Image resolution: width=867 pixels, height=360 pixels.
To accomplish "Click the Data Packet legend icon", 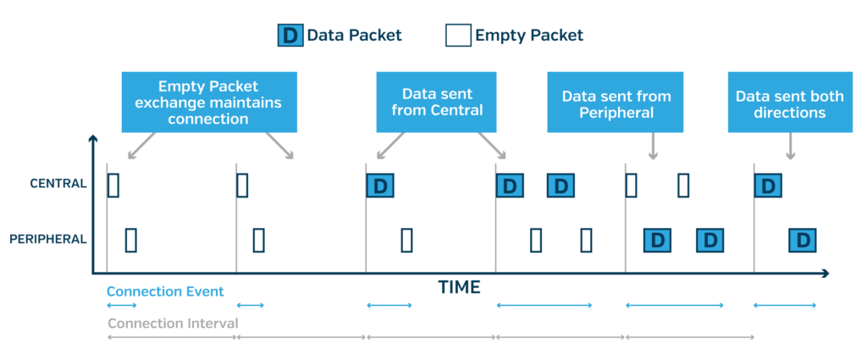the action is tap(290, 36).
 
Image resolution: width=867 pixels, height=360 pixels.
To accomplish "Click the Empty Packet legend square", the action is tap(458, 36).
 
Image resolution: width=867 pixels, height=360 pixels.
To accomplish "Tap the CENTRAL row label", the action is tap(58, 184).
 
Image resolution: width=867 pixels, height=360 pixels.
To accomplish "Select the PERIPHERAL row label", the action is tap(48, 240).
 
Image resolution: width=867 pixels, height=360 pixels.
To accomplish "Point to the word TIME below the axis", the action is tap(460, 287).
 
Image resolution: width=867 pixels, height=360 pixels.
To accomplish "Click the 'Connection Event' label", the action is tap(165, 291).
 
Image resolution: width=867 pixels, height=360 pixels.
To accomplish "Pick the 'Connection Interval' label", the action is tap(173, 323).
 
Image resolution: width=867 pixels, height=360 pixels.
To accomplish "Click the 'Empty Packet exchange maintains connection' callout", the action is tap(209, 102).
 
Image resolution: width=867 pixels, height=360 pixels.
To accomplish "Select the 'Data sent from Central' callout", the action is tap(436, 102).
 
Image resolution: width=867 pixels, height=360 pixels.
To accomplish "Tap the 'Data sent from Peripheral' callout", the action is tap(616, 102).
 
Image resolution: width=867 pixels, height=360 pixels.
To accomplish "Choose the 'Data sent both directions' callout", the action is tap(790, 102).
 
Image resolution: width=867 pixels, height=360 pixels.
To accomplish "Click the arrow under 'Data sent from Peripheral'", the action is tap(653, 146).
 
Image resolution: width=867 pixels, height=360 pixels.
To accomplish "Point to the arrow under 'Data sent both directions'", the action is tap(790, 146).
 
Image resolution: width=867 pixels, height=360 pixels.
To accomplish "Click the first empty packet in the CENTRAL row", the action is tap(113, 186).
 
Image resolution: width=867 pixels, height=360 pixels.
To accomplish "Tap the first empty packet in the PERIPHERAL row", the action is tap(131, 240).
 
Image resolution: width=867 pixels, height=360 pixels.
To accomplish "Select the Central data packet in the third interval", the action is tap(380, 186).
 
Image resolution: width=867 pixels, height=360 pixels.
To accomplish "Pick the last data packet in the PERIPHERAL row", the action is tap(803, 240).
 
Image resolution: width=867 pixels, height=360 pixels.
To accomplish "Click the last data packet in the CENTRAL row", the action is tap(768, 186).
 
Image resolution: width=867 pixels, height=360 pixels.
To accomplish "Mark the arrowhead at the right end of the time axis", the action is tap(826, 274).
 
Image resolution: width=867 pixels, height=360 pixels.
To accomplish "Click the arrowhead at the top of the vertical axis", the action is tap(93, 139).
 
